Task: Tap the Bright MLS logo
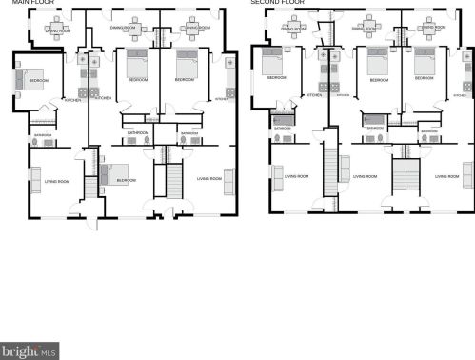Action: (30, 351)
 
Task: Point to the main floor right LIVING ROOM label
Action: (208, 178)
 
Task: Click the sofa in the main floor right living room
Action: (228, 178)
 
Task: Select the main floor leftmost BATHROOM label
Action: (43, 135)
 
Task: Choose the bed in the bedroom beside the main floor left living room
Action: (108, 174)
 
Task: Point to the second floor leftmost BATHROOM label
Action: (282, 128)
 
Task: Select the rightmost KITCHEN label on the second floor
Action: (460, 95)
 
